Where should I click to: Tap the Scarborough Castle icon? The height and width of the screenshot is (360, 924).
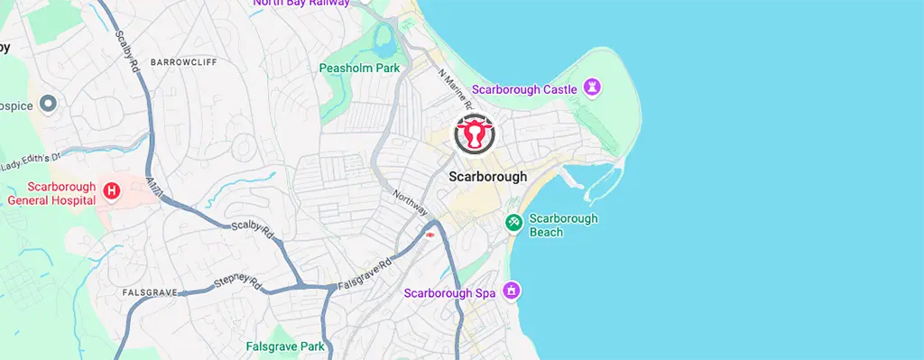pyautogui.click(x=593, y=88)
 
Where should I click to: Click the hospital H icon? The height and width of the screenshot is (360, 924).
pyautogui.click(x=112, y=191)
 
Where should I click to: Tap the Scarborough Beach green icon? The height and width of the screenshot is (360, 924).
pyautogui.click(x=513, y=221)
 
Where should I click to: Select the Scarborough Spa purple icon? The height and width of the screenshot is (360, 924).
pyautogui.click(x=512, y=291)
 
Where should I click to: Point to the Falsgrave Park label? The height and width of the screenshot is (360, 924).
pyautogui.click(x=284, y=346)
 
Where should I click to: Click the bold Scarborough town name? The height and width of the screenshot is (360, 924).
pyautogui.click(x=487, y=177)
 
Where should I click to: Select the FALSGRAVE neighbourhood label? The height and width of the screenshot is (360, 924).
pyautogui.click(x=149, y=293)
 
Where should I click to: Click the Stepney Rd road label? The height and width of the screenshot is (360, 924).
pyautogui.click(x=237, y=285)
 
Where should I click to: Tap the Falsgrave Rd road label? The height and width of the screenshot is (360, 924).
pyautogui.click(x=365, y=272)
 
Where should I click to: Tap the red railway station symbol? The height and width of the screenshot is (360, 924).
pyautogui.click(x=430, y=235)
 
